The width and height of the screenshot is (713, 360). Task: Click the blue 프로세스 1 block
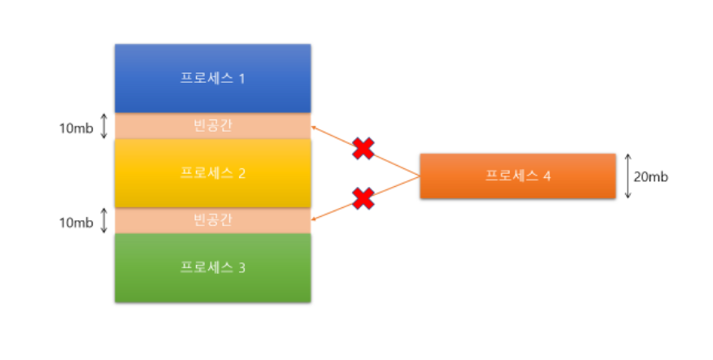212,78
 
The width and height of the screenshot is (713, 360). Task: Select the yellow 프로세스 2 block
212,173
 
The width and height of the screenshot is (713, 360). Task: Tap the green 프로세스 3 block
212,267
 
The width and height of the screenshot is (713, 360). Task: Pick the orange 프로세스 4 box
518,176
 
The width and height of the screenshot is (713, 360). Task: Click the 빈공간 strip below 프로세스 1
212,126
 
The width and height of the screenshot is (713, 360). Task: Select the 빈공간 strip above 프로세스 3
212,220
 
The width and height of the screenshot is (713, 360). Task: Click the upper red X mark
363,148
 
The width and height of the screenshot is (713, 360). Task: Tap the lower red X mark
363,197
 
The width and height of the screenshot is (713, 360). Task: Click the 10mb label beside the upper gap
75,127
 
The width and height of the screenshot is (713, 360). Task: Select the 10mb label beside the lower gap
75,221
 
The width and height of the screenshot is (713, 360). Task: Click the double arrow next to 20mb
628,176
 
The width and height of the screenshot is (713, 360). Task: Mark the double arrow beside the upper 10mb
103,126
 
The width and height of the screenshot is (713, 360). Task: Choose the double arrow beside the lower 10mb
103,220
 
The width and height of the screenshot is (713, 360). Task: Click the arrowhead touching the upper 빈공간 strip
315,128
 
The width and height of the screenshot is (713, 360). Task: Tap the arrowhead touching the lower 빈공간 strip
315,218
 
